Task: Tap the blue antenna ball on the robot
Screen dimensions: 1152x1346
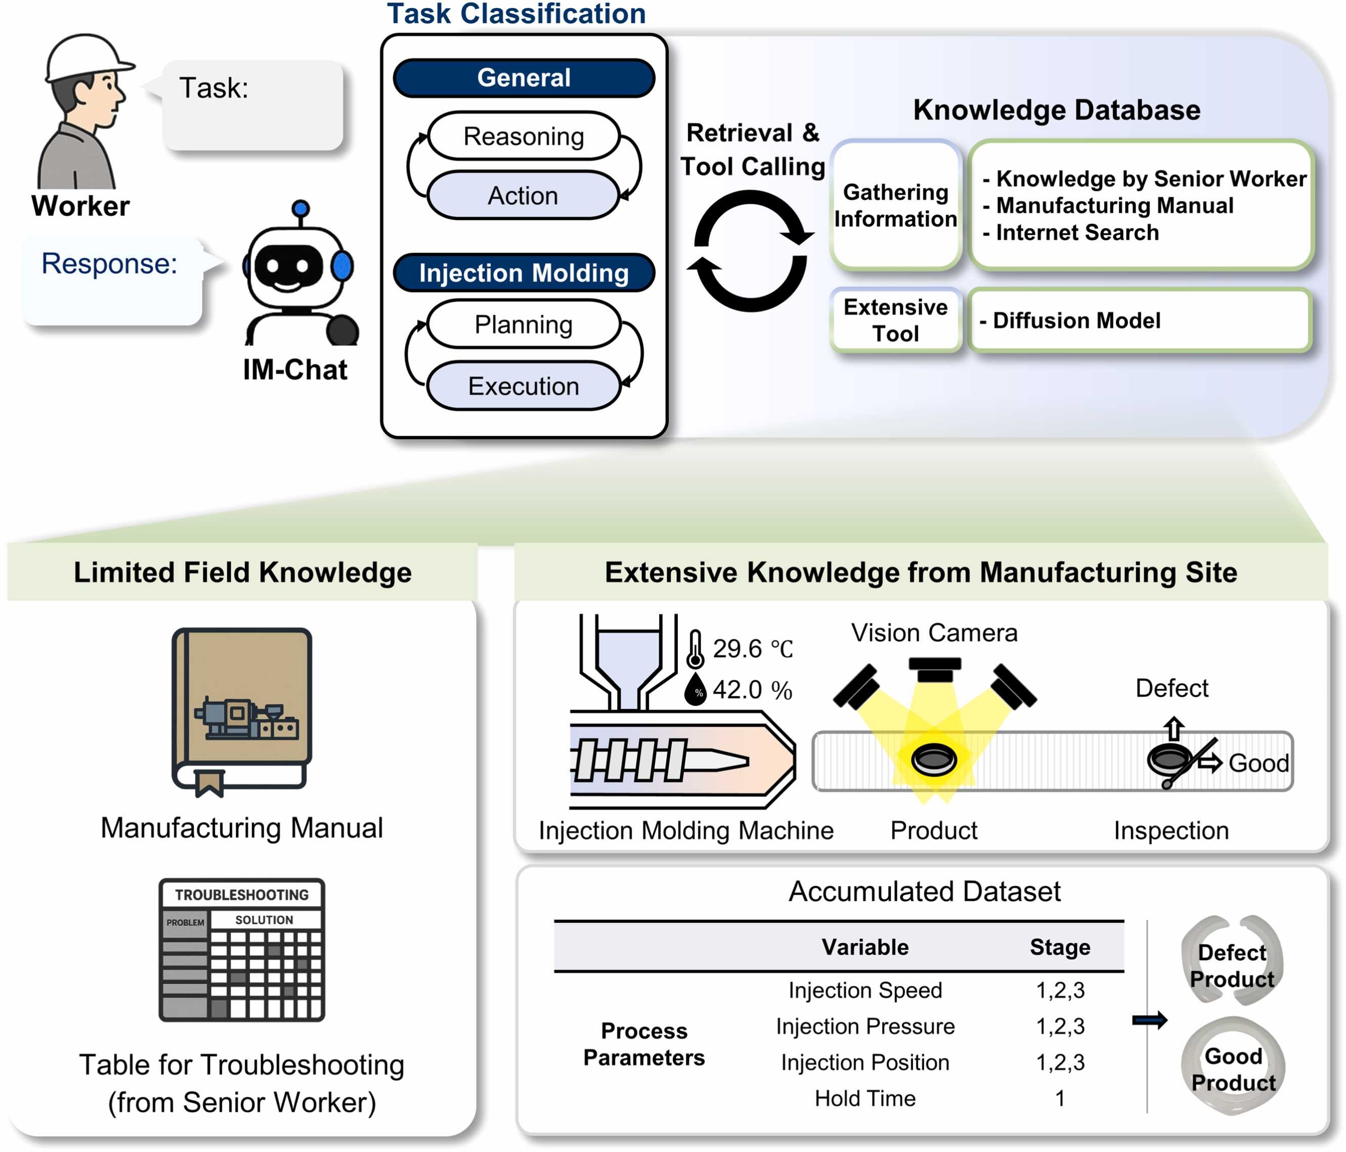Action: click(300, 209)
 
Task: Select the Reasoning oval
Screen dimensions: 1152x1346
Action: click(524, 137)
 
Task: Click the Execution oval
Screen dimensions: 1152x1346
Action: click(524, 386)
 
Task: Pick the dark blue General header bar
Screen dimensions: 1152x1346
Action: click(524, 78)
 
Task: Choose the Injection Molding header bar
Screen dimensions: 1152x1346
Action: click(524, 273)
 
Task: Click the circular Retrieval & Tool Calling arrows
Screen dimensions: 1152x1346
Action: click(751, 251)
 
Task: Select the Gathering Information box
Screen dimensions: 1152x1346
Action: click(895, 205)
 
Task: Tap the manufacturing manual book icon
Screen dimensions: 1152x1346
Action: click(242, 711)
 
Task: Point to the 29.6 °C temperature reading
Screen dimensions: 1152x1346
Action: click(752, 649)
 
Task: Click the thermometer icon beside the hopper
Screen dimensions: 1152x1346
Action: click(695, 649)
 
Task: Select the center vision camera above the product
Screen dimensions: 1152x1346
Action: click(934, 669)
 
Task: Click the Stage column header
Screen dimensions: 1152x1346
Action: click(1060, 947)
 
